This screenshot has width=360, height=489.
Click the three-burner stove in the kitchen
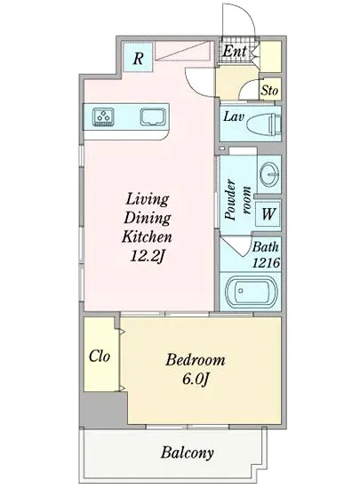[103, 116]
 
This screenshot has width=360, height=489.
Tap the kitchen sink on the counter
[152, 116]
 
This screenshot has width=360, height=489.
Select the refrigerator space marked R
[138, 58]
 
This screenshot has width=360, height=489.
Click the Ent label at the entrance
[235, 51]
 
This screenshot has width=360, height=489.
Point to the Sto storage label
[269, 91]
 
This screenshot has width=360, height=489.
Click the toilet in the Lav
[264, 124]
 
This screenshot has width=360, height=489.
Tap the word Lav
[234, 117]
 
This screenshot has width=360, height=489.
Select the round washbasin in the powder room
[269, 173]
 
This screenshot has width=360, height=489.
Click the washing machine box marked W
[268, 214]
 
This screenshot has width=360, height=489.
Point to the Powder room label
[237, 200]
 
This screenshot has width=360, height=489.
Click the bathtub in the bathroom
[251, 293]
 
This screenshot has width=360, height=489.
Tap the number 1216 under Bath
[266, 262]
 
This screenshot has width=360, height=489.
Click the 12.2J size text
[148, 256]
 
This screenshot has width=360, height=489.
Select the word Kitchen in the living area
[147, 236]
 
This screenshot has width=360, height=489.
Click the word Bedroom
[196, 360]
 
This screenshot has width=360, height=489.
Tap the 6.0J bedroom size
[196, 380]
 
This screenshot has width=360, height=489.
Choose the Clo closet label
[100, 357]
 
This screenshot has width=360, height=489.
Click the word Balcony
[188, 453]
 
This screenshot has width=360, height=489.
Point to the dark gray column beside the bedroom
[104, 410]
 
